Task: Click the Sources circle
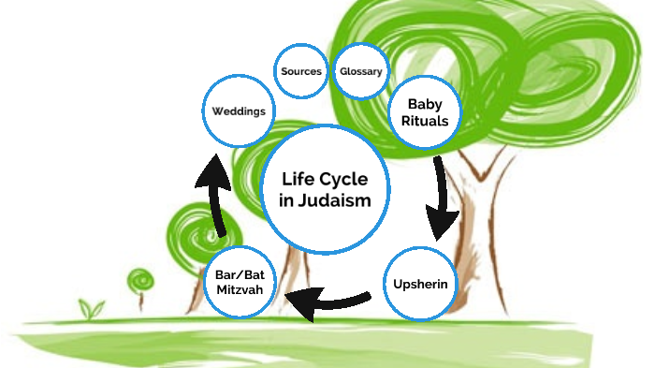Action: pyautogui.click(x=301, y=71)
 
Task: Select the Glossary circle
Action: pyautogui.click(x=360, y=71)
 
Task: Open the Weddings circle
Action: pyautogui.click(x=239, y=110)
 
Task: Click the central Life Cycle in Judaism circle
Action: pyautogui.click(x=326, y=189)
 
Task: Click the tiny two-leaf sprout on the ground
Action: pyautogui.click(x=92, y=308)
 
